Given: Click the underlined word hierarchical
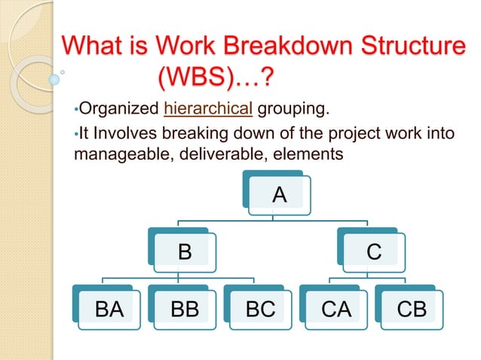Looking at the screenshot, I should coord(208,112).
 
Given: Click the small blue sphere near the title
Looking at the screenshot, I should coord(54,78).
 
